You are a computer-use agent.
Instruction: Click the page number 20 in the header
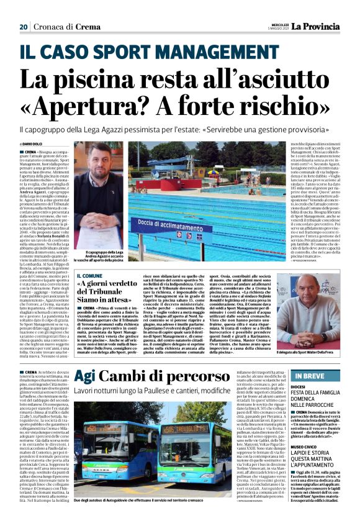tap(23, 27)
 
